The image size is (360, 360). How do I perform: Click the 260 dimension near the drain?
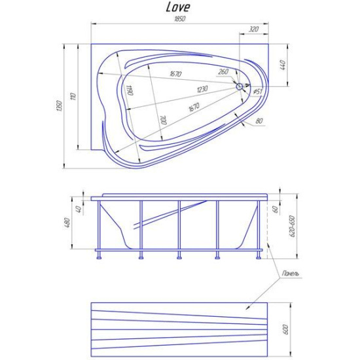[223, 71]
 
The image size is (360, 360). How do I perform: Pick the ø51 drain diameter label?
[259, 92]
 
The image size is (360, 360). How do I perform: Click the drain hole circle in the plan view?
[240, 85]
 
